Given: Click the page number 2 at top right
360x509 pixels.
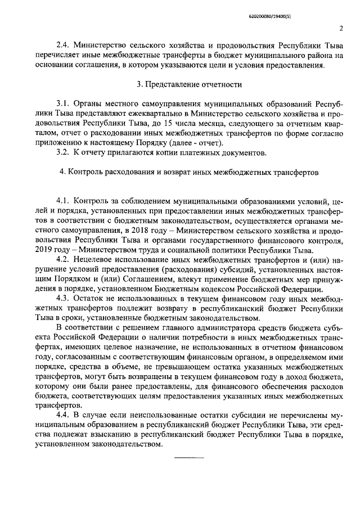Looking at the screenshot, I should click(341, 28).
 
